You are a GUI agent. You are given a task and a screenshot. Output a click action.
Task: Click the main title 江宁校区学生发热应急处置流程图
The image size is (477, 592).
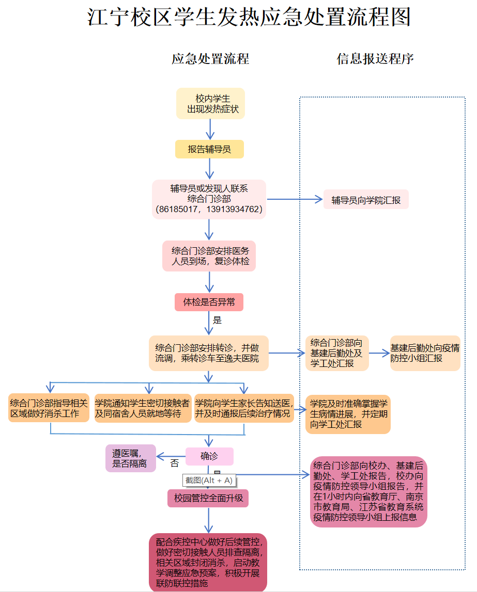[249, 18]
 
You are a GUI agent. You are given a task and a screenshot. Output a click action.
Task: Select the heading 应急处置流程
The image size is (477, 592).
[210, 59]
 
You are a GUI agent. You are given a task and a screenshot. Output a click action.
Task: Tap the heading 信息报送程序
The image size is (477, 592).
[375, 59]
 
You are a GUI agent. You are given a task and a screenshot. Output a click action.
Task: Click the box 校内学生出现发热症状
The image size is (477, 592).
[210, 104]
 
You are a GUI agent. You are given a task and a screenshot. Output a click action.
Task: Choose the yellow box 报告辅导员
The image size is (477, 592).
[209, 149]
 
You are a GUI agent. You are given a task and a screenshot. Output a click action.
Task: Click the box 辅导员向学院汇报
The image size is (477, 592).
[366, 200]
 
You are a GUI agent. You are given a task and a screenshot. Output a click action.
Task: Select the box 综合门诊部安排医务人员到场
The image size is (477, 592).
[209, 256]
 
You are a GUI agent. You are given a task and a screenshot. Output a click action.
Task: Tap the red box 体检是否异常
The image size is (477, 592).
[209, 302]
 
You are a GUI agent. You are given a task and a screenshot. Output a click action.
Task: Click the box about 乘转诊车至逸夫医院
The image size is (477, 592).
[209, 353]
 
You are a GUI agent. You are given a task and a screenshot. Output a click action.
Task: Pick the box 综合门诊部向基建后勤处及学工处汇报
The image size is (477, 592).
[337, 353]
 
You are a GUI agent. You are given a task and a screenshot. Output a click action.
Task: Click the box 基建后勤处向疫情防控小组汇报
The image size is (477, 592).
[425, 353]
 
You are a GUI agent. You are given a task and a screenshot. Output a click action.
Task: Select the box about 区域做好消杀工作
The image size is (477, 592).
[49, 408]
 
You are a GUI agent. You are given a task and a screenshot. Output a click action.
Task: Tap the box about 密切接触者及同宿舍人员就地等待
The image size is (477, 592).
[142, 408]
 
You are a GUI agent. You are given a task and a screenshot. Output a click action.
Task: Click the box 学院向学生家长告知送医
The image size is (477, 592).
[244, 408]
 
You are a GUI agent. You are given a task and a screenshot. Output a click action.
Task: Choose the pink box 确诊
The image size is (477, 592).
[209, 456]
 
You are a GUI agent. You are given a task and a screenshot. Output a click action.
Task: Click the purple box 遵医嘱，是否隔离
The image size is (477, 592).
[130, 458]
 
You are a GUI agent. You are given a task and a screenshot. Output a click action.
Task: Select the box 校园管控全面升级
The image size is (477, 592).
[208, 499]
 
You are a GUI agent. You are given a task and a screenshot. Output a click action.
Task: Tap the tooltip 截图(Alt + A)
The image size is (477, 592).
[209, 480]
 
